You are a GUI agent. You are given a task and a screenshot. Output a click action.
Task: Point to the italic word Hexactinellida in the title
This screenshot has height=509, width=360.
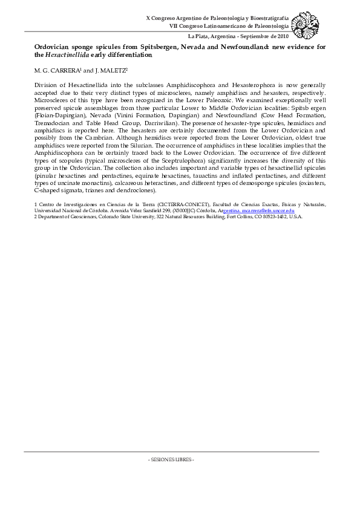[x=67, y=54]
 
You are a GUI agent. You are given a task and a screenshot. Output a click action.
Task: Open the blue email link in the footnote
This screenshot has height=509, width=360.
[x=267, y=210]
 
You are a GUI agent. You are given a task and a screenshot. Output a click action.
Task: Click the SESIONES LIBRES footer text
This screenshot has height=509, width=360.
[x=171, y=459]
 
